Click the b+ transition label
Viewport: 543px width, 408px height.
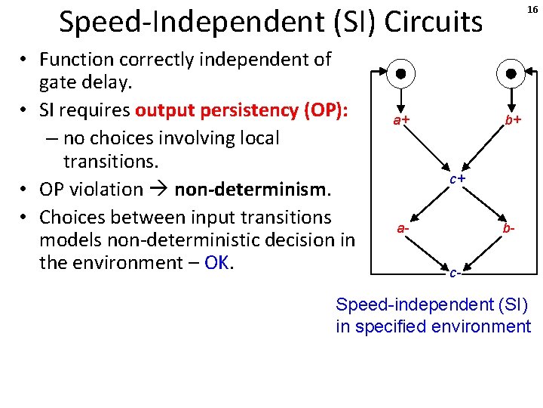tap(514, 120)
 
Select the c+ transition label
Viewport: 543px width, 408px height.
tap(457, 178)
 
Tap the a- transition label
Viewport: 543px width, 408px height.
tap(404, 227)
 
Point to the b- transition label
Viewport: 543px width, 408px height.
tap(510, 227)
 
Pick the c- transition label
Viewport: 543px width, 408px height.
tap(454, 273)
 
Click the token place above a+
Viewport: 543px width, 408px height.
tap(401, 74)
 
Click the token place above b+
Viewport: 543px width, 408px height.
tap(511, 74)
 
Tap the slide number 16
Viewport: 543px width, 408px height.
tap(532, 9)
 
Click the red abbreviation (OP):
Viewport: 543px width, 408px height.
tap(322, 110)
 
